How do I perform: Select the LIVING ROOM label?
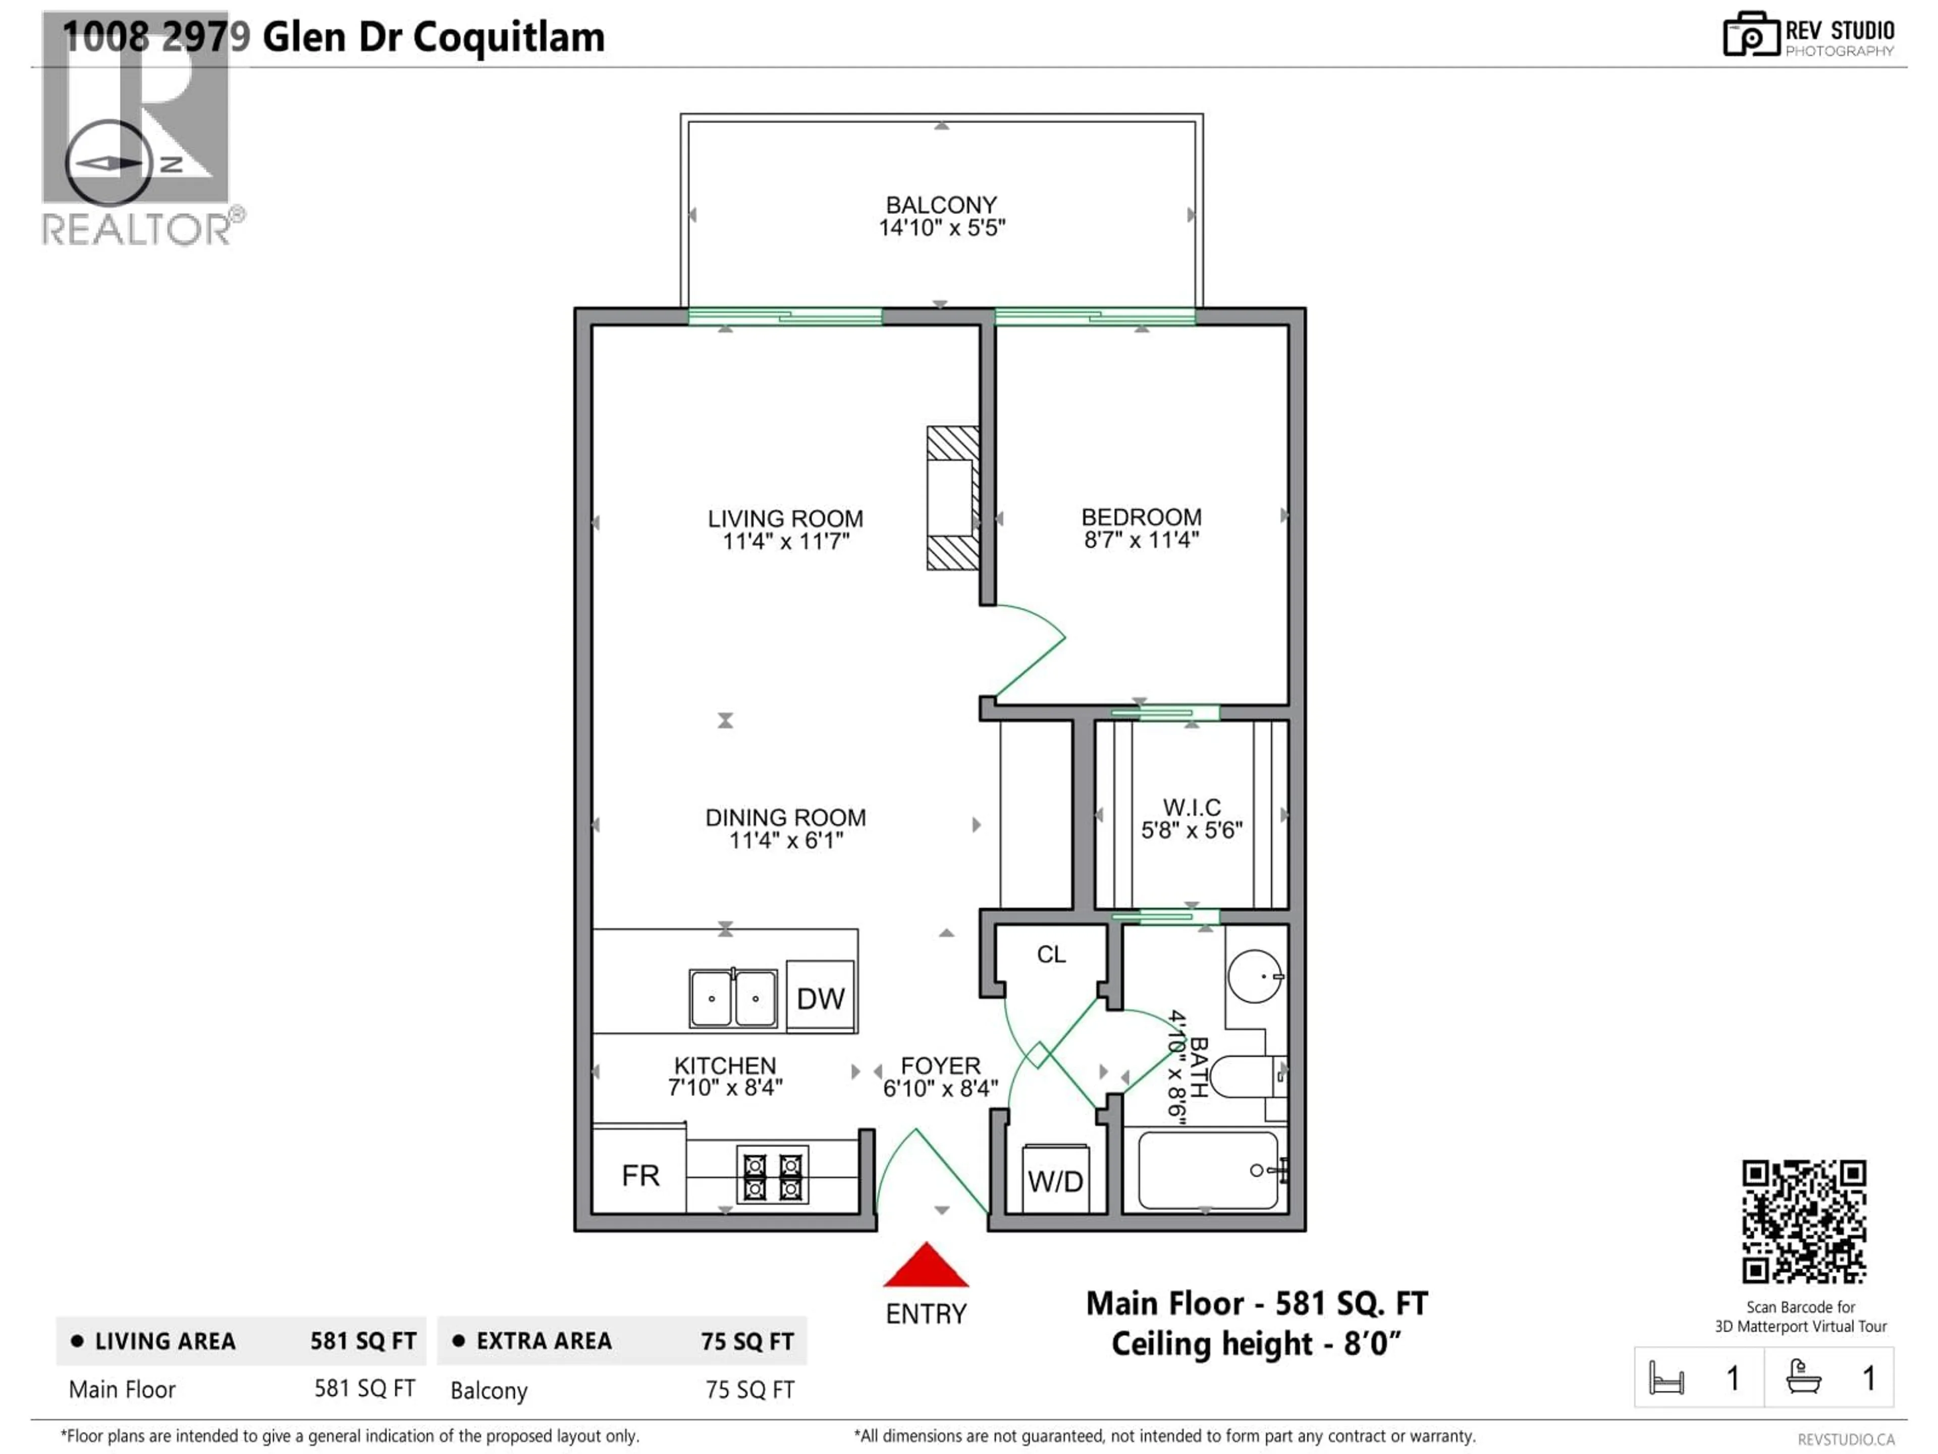coord(785,519)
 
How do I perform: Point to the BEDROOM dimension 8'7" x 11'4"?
coord(1141,540)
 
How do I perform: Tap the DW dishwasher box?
coord(821,998)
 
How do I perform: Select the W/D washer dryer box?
coord(1056,1180)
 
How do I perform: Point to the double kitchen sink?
coord(732,998)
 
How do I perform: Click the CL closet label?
coord(1051,954)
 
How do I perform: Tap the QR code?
coord(1803,1221)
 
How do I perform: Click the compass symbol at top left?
coord(109,163)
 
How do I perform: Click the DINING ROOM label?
coord(785,818)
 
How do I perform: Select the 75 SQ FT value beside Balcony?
coord(750,1390)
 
